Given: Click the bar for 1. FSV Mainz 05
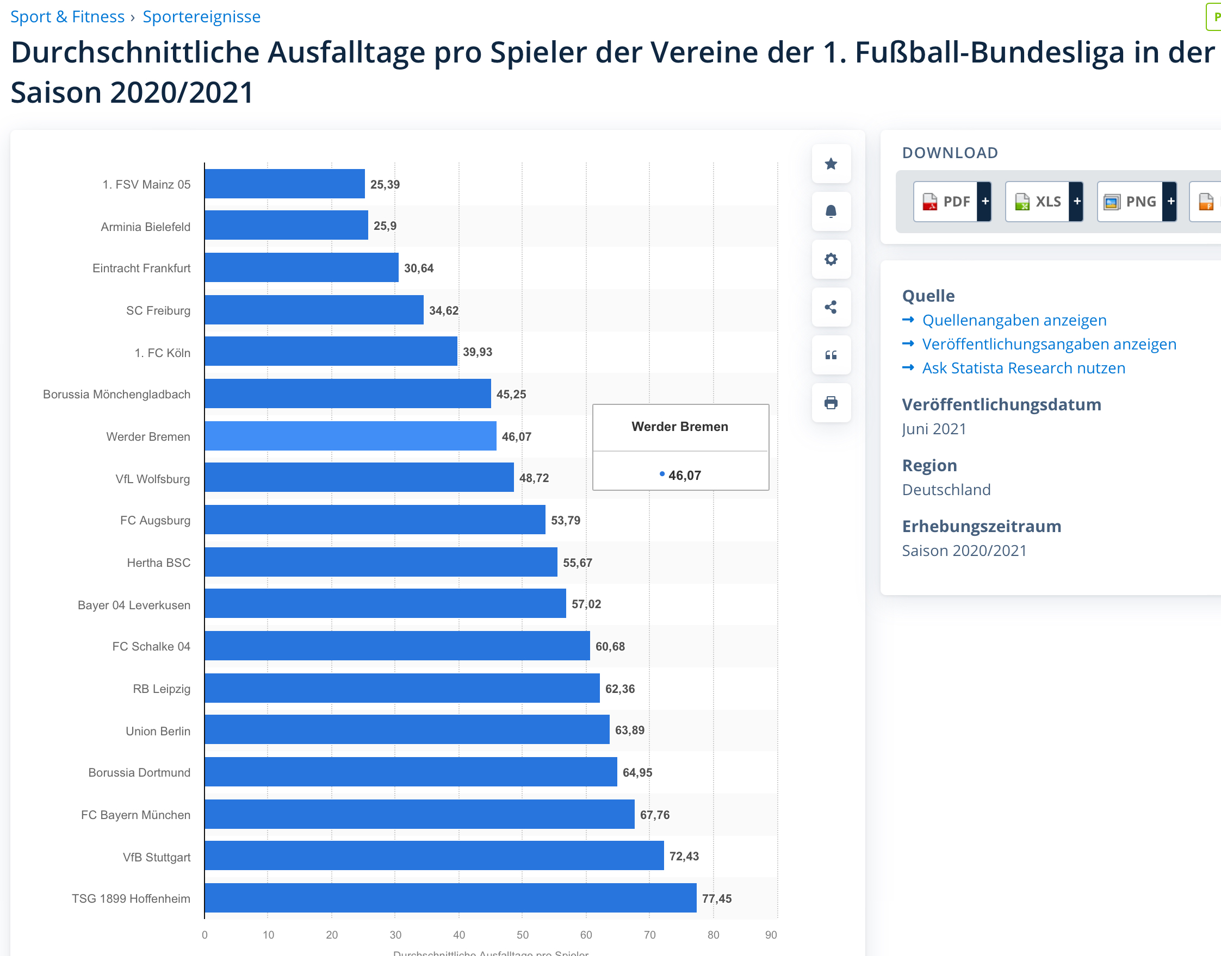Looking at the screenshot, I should (x=284, y=184).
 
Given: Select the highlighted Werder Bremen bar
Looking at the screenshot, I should (x=350, y=436).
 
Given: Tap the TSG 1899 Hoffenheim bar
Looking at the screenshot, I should (x=450, y=898).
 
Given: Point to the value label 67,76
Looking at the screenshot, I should (x=654, y=815).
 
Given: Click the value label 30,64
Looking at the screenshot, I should (x=418, y=268).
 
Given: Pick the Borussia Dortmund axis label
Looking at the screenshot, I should (x=139, y=772).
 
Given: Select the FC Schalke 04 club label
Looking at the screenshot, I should (x=151, y=646).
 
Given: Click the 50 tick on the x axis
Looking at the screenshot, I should (x=523, y=935).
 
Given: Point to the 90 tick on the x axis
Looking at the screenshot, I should (x=771, y=935).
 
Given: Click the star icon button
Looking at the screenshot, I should (x=830, y=164).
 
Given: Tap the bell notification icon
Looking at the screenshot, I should (x=830, y=211).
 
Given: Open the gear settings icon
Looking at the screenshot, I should (x=830, y=259).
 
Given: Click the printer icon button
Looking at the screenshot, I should (x=830, y=402).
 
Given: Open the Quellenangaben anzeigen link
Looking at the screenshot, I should (x=1014, y=320).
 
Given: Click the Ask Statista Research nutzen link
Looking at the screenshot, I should (x=1023, y=368).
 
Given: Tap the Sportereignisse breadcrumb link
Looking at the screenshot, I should (x=202, y=17).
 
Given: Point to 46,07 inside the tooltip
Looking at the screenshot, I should (x=684, y=475).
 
